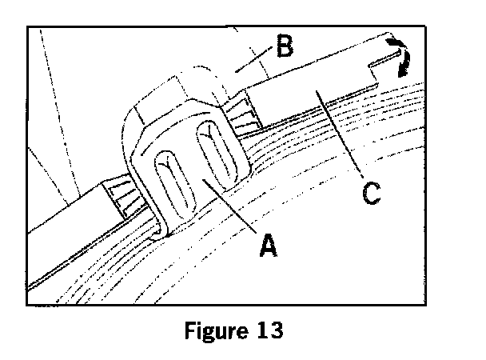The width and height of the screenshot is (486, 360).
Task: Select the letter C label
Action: point(368,193)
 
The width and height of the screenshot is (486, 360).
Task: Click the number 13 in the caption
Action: point(267,330)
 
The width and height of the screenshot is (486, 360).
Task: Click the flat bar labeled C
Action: point(312,88)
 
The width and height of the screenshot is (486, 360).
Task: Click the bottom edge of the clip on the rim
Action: point(164,234)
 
